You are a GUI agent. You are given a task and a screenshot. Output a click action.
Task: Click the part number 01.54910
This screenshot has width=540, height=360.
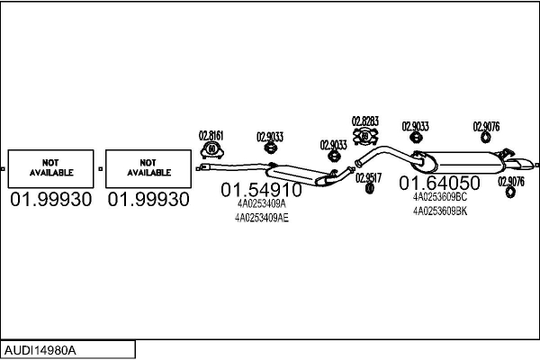point(261,190)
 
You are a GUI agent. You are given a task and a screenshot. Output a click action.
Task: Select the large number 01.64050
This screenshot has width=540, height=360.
point(439,183)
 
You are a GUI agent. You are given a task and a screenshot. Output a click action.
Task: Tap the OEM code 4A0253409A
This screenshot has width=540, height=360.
point(261,203)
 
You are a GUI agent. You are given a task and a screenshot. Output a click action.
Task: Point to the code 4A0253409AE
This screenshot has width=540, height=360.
point(262,218)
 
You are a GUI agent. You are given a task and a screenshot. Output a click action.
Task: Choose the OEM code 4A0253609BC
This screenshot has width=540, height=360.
point(440,197)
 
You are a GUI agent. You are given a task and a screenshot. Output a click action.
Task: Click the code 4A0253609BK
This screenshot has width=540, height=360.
point(440,211)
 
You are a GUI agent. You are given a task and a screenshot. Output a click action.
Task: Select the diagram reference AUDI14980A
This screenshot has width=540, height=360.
point(40,350)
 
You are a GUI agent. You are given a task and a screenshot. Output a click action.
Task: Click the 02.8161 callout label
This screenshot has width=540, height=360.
point(211,135)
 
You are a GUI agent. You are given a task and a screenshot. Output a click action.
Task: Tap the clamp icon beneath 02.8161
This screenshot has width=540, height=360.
point(211,150)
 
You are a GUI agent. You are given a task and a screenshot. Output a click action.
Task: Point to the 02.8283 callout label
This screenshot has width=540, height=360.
point(365,121)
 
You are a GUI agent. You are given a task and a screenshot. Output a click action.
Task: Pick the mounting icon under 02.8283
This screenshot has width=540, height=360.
point(365,137)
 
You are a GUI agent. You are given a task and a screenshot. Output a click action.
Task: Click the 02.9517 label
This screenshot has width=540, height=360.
point(368,178)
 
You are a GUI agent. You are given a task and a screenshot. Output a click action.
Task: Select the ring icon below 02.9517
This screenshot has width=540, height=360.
point(370,188)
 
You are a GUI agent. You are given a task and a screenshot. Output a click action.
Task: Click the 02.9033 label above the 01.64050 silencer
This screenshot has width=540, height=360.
point(415,126)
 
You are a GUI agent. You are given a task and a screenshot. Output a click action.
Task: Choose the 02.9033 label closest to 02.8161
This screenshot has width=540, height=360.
point(270,137)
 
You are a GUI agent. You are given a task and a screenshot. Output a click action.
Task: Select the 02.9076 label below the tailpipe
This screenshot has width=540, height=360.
point(511,182)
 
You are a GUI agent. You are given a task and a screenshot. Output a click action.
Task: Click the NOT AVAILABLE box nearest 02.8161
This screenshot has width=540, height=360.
point(148,169)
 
